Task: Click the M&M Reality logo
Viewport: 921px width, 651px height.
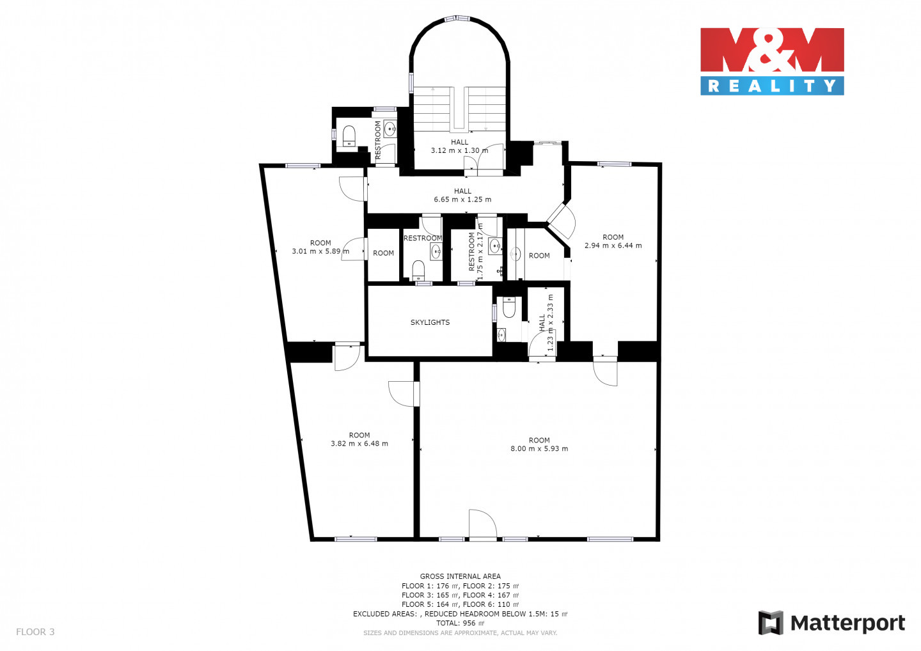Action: [x=772, y=61]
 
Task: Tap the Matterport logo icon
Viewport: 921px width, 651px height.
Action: [x=771, y=623]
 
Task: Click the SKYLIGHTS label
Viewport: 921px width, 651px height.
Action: [x=430, y=323]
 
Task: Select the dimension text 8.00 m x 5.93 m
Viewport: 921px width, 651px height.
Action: [x=539, y=449]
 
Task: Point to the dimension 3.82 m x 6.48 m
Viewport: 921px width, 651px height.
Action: [x=359, y=443]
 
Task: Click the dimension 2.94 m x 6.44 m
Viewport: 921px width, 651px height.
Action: [x=613, y=246]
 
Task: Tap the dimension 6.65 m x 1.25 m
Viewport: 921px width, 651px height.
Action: [x=462, y=200]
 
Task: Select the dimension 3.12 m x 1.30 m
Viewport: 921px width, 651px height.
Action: [x=459, y=150]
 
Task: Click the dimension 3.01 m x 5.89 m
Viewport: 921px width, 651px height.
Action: [x=320, y=251]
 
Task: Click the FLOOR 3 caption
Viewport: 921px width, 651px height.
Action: [x=35, y=632]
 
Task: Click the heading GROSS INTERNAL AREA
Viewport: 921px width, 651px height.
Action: [x=460, y=576]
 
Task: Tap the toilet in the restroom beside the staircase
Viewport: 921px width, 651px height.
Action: [x=349, y=136]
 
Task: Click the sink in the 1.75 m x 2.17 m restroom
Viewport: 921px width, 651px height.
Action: [x=494, y=246]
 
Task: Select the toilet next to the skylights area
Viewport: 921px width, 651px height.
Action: [x=508, y=307]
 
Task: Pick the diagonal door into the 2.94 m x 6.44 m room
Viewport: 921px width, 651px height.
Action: [x=562, y=221]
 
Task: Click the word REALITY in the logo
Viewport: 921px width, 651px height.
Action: [x=772, y=86]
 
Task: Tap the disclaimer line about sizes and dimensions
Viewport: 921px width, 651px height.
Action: [x=460, y=633]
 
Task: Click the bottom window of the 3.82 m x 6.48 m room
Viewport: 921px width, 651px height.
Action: [x=356, y=539]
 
